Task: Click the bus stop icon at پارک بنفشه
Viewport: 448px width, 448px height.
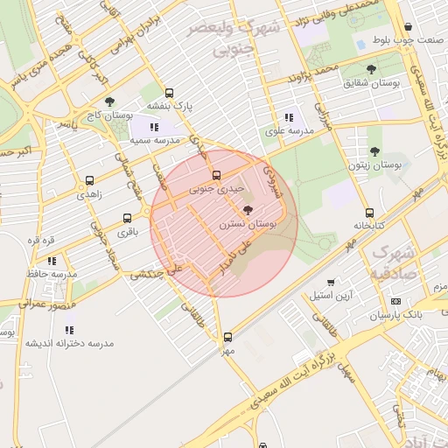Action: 169,93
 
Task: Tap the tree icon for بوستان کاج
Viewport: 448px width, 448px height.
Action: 109,101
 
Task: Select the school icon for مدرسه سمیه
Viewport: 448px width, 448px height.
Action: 155,127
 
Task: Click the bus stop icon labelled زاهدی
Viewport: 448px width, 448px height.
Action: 89,181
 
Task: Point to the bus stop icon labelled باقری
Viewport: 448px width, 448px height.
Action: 128,219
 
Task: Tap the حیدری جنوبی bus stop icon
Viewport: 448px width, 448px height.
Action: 217,176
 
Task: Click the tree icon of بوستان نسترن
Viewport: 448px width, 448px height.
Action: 248,210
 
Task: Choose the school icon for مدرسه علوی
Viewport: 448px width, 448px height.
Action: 289,118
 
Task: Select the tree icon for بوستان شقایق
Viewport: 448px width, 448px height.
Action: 372,68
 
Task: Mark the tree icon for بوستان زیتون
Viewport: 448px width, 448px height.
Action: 374,151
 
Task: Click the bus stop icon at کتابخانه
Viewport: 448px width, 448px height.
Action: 369,213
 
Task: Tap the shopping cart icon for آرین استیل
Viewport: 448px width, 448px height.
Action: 330,282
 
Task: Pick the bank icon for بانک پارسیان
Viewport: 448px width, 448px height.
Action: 395,300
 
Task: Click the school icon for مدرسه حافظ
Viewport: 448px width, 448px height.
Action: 52,260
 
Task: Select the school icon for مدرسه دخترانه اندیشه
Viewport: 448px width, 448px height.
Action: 69,330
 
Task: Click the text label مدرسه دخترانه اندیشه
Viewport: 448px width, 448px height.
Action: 69,343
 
